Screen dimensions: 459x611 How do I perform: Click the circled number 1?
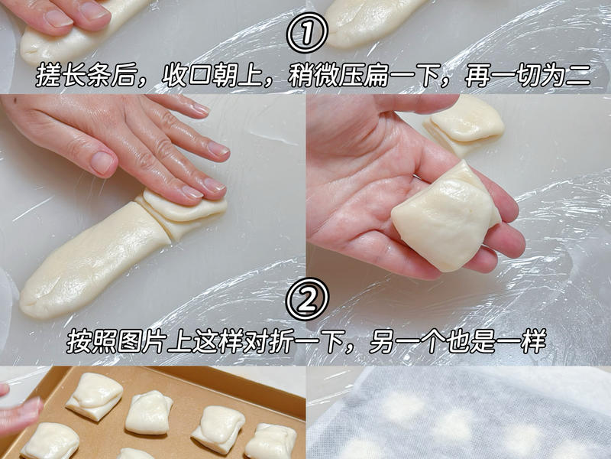pyautogui.click(x=306, y=33)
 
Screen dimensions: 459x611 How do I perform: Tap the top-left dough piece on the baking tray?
pyautogui.click(x=94, y=396)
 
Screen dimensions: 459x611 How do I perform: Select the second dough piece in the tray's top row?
pyautogui.click(x=149, y=412)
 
